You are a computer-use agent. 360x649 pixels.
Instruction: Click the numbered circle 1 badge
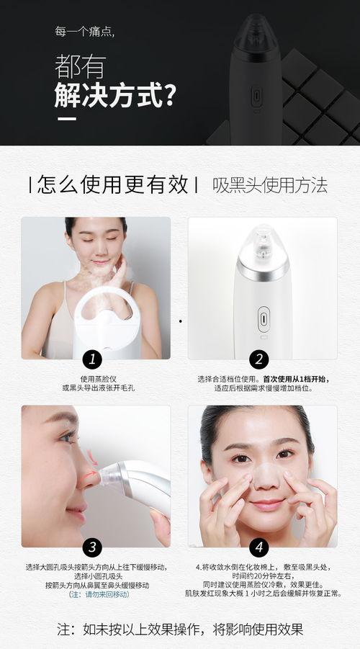coord(91,359)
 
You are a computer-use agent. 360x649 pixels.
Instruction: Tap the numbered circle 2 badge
coord(261,359)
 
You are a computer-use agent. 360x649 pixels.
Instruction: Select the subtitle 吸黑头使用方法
coord(270,185)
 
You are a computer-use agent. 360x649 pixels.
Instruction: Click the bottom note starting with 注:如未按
coord(180,628)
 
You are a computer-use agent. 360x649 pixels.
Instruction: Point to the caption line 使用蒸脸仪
coord(99,379)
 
